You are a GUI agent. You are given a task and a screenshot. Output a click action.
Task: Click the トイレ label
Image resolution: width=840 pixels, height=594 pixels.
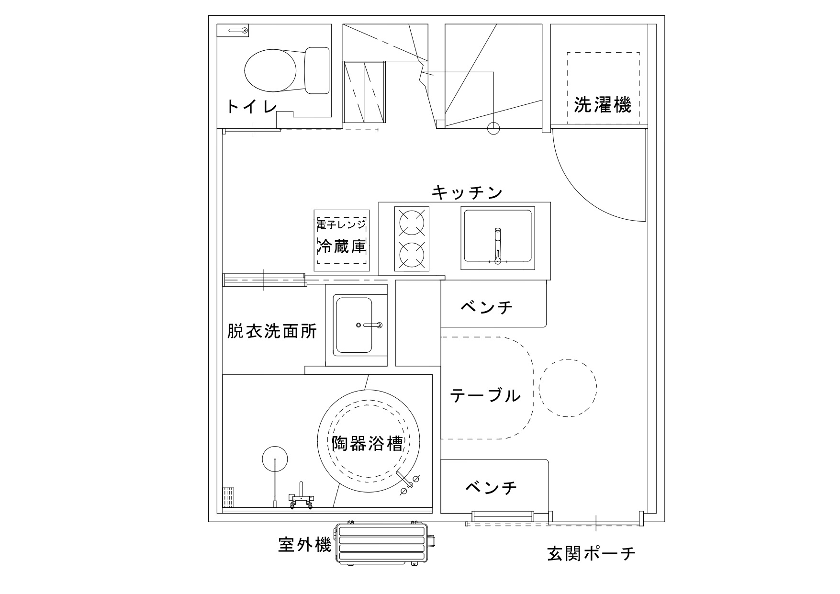point(251,106)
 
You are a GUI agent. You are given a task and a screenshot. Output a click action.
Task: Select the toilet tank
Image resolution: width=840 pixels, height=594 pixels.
point(317,70)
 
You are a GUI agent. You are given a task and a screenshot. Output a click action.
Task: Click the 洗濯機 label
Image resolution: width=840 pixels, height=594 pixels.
point(602,104)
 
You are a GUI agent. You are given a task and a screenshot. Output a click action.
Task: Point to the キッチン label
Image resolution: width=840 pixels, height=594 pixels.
point(467,192)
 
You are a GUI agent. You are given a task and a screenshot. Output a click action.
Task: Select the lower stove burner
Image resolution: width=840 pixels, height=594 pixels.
point(412,255)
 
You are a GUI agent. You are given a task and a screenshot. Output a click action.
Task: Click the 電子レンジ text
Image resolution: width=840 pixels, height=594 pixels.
point(341,224)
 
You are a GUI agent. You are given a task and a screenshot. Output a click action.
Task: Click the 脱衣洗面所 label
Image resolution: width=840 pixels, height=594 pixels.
point(272,331)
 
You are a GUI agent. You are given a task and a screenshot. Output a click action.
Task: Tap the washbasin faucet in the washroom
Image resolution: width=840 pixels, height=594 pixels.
point(372,325)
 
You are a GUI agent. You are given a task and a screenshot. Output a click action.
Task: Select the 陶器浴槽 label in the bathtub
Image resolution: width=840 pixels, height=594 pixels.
point(367,444)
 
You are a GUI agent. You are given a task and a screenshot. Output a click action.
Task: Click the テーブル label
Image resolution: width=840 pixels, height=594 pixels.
point(485,395)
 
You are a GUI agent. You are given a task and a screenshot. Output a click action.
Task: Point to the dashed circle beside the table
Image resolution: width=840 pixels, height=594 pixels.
point(568,387)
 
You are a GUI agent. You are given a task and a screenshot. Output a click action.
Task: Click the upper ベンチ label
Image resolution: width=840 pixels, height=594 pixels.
point(486,307)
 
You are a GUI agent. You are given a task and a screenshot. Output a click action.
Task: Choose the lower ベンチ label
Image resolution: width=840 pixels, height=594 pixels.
point(491,488)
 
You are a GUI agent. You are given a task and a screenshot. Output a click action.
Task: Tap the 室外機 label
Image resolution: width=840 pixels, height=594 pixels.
point(304,545)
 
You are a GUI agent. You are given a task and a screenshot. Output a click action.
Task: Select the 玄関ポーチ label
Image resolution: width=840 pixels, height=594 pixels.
point(591,554)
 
